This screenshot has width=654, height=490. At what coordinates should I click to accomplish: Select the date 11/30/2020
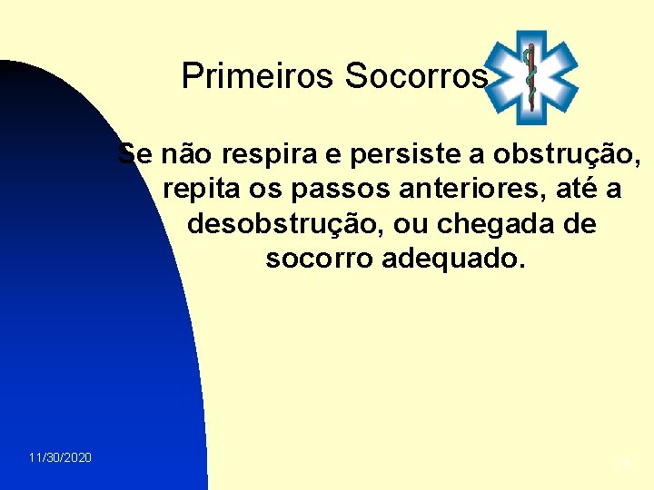[x=59, y=458]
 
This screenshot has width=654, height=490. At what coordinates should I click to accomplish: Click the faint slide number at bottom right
[x=623, y=462]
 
